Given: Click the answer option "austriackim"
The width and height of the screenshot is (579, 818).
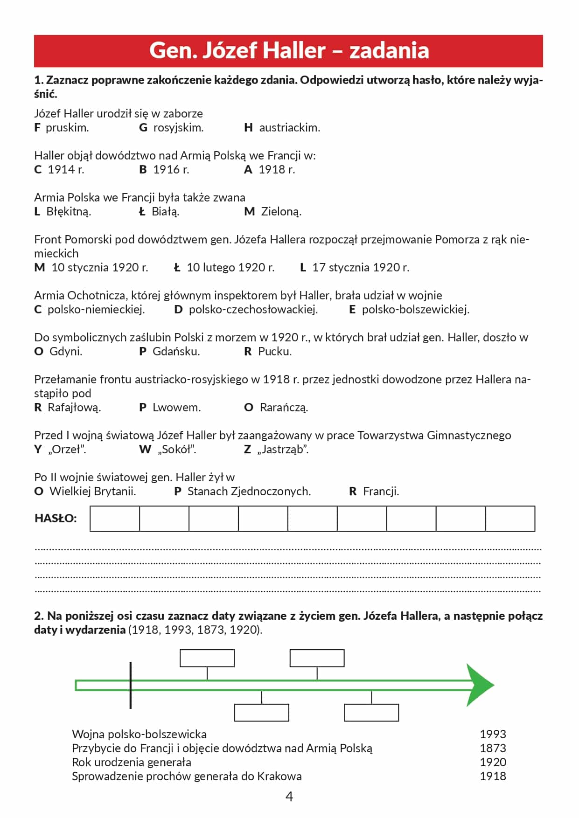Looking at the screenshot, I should tap(289, 128).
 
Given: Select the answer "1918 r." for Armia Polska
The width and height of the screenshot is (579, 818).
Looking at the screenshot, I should tap(277, 170).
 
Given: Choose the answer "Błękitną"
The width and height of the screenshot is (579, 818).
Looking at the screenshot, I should tap(69, 212).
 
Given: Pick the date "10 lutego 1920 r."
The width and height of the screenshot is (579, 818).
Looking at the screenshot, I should tap(230, 268).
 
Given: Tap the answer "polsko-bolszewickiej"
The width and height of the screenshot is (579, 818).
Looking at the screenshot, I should tap(415, 310).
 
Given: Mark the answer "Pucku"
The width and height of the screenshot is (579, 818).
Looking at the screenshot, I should tap(275, 352).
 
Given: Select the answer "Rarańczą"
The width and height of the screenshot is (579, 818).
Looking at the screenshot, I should tap(284, 408).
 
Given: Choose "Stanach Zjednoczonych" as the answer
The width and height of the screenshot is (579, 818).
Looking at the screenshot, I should tap(249, 492).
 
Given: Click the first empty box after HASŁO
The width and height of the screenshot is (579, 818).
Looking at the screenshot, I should tap(115, 519).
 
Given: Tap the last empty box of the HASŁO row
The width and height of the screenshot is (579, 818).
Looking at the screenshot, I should tap(510, 519).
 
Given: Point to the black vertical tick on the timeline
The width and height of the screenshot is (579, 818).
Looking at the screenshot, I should tap(131, 685).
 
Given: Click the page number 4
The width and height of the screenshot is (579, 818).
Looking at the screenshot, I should tap(289, 797).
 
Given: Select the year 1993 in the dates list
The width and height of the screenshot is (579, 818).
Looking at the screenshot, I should tap(493, 735).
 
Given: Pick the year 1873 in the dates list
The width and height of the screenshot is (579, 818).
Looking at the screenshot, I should tap(493, 749).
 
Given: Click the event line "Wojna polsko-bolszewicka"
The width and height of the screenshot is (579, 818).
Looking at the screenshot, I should tap(139, 735).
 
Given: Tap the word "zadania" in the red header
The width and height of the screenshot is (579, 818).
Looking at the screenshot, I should tap(389, 50).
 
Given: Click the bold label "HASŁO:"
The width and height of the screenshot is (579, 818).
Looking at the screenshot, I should tap(56, 519).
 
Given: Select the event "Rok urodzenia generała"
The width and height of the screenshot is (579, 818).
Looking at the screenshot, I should tap(132, 763).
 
